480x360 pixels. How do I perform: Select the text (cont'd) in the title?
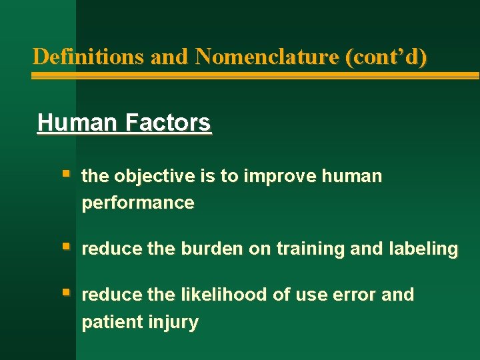[386, 57]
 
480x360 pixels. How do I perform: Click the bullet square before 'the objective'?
[65, 175]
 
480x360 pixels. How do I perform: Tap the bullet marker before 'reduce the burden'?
[65, 247]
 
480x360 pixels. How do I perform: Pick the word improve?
[279, 177]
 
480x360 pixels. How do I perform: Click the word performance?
[138, 203]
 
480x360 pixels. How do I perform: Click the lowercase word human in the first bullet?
[352, 177]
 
